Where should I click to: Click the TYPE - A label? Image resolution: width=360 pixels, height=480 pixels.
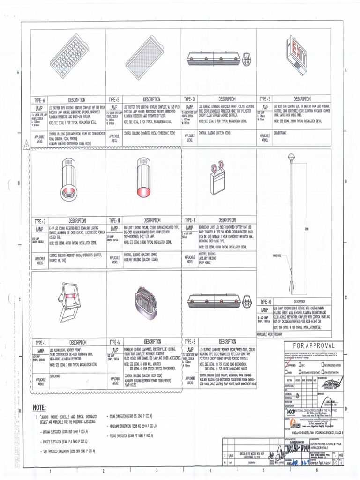click(x=39, y=100)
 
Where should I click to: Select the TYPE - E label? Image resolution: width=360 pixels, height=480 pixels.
click(x=265, y=99)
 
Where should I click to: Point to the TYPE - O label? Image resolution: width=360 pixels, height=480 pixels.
click(x=266, y=301)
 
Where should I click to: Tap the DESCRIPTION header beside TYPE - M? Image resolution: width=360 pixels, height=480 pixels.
click(x=152, y=341)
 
